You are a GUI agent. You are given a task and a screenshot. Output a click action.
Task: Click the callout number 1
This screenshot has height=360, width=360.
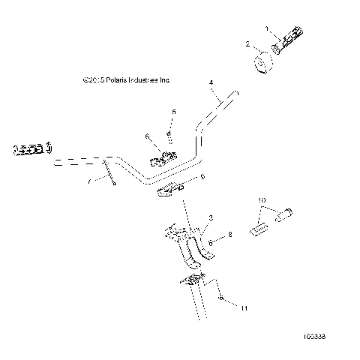(266, 28)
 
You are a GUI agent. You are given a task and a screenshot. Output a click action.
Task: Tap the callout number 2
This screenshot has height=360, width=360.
(248, 45)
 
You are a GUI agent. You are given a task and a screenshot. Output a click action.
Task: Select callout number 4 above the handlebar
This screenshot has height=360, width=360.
(211, 81)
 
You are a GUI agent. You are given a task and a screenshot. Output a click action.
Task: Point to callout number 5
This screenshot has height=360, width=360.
(173, 112)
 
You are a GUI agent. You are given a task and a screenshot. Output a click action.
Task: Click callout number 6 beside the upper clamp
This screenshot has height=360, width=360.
(147, 136)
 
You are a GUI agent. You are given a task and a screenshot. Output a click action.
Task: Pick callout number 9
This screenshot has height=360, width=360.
(181, 178)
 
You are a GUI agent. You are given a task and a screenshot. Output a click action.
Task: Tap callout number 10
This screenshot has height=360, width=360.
(262, 201)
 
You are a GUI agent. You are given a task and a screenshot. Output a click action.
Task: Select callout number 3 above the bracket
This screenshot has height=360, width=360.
(211, 217)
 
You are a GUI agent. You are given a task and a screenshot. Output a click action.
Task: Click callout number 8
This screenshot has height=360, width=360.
(229, 235)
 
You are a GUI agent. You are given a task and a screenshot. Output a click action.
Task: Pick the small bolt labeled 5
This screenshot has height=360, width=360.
(169, 134)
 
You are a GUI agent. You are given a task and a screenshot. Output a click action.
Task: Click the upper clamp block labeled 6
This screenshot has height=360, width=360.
(164, 159)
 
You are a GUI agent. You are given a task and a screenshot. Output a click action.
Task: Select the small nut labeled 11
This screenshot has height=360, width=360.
(201, 298)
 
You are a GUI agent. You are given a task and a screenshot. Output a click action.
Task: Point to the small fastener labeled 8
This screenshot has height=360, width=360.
(211, 243)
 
